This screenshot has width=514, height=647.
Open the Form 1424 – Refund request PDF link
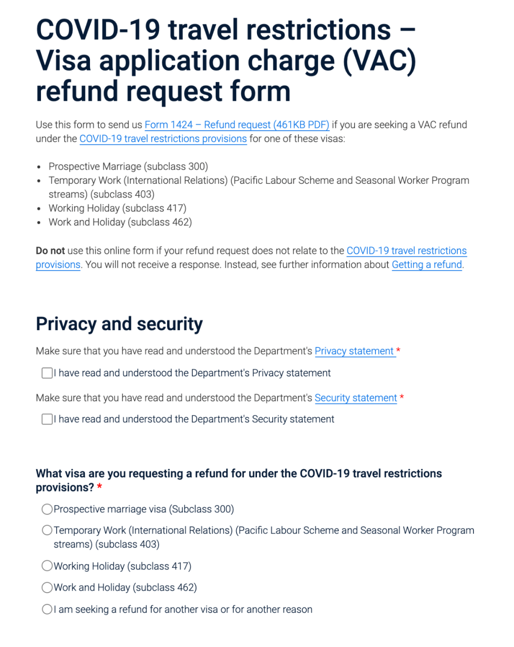(237, 125)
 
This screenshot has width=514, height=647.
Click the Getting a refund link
(426, 265)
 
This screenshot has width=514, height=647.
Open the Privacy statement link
(354, 351)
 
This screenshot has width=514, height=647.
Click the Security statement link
(356, 398)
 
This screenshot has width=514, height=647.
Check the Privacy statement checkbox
(47, 373)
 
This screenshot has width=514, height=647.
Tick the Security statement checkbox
(47, 419)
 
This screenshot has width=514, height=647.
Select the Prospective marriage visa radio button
(47, 509)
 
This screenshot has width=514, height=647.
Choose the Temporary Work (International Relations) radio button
(47, 530)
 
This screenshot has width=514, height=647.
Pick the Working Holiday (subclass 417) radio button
(47, 566)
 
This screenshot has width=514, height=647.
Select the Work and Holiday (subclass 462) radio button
(47, 587)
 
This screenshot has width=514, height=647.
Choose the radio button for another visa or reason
(47, 609)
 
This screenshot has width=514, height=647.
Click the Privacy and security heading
(119, 324)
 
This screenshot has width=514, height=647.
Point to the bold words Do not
(50, 251)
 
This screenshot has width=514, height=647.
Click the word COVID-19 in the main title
(98, 30)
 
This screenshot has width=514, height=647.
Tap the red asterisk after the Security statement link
(402, 397)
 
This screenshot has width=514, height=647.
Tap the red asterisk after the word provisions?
(99, 487)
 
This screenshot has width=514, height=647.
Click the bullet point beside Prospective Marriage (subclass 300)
(39, 167)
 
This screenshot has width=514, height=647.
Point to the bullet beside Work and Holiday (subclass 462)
(39, 223)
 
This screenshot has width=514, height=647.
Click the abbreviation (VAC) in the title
(379, 61)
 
